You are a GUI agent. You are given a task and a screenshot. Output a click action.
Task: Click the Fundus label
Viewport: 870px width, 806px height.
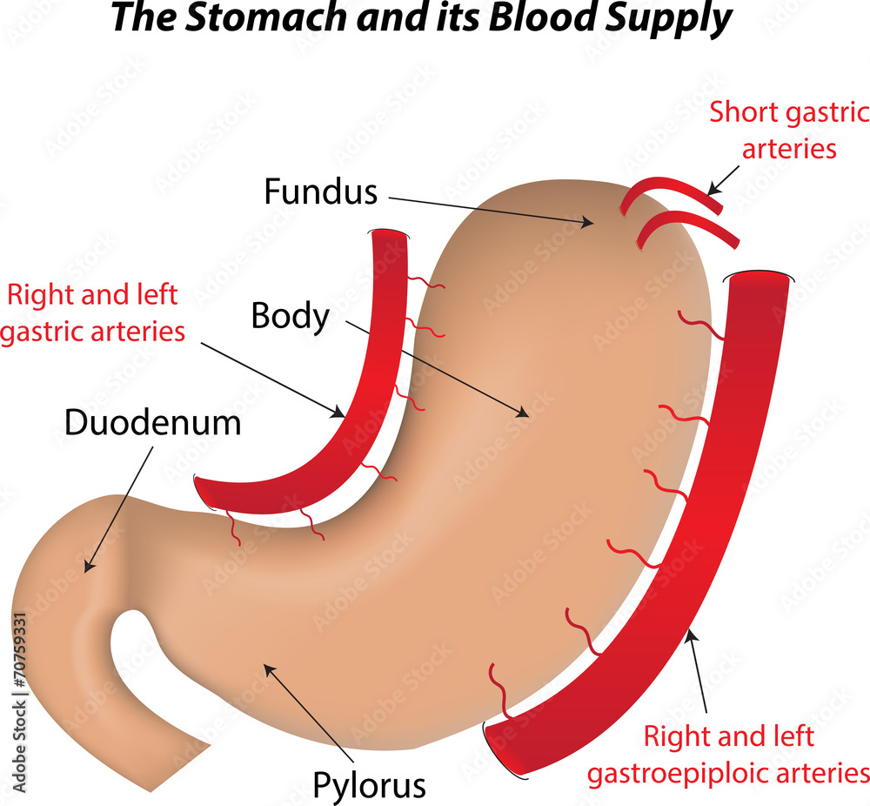coord(320,191)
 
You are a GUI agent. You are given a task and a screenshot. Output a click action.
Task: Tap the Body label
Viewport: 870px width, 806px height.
coord(290,315)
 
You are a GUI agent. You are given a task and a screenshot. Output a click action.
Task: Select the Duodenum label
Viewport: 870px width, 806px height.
coord(152,423)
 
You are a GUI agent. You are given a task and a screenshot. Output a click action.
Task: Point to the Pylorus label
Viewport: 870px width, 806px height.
coord(370,784)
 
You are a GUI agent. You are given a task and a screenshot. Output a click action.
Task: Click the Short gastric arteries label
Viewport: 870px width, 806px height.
coord(789,130)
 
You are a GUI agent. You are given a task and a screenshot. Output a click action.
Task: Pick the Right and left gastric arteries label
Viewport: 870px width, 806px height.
coord(92,313)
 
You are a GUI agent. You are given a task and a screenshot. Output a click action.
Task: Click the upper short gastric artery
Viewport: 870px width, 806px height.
coord(670,191)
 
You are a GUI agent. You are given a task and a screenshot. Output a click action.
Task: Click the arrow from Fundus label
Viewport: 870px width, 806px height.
coord(487,211)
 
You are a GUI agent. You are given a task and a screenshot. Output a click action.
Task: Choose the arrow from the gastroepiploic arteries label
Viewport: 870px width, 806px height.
coord(699,670)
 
